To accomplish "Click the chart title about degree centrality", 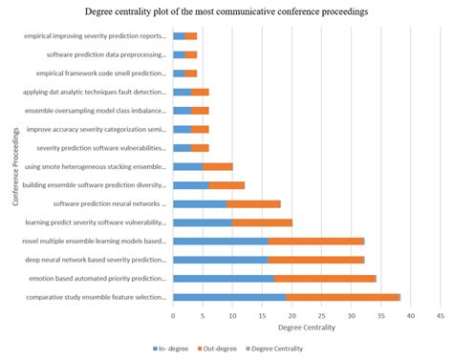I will click(x=226, y=11).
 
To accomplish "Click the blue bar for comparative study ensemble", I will click(x=229, y=297).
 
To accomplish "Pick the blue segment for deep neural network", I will click(x=220, y=259).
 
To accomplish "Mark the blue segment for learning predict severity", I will click(x=203, y=222).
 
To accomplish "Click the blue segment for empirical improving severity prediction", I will click(x=179, y=35).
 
